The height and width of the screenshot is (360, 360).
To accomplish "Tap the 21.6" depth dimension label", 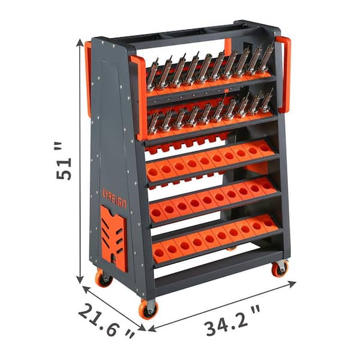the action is (107, 321).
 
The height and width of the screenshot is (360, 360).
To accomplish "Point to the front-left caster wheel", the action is (104, 278).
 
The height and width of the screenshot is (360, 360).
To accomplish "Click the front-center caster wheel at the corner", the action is (148, 310).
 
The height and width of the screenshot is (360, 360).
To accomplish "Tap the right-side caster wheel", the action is (280, 269).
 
